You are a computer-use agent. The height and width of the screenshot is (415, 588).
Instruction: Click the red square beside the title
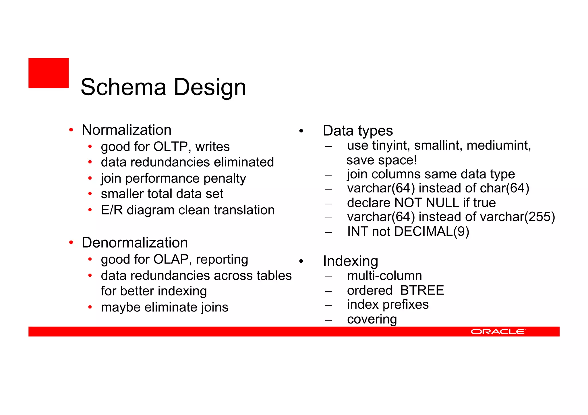tap(49, 73)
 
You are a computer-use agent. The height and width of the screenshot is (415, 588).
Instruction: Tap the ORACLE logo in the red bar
tap(498, 332)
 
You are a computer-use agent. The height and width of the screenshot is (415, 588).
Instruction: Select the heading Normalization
tap(127, 130)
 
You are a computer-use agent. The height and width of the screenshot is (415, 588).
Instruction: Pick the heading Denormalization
tap(135, 243)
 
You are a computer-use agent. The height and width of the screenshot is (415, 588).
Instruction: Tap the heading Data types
tap(358, 131)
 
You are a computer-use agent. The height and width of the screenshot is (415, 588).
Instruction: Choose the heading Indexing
tap(350, 261)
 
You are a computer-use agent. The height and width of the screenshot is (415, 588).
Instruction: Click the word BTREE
tap(422, 290)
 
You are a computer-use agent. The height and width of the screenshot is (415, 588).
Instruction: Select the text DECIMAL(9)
tap(432, 231)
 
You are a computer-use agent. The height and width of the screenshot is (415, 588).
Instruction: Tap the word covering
tap(372, 319)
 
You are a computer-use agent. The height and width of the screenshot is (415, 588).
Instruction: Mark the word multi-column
tap(384, 276)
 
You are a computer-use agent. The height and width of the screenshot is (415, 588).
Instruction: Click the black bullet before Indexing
tap(301, 261)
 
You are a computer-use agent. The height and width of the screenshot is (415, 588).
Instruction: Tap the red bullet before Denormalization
tap(71, 243)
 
